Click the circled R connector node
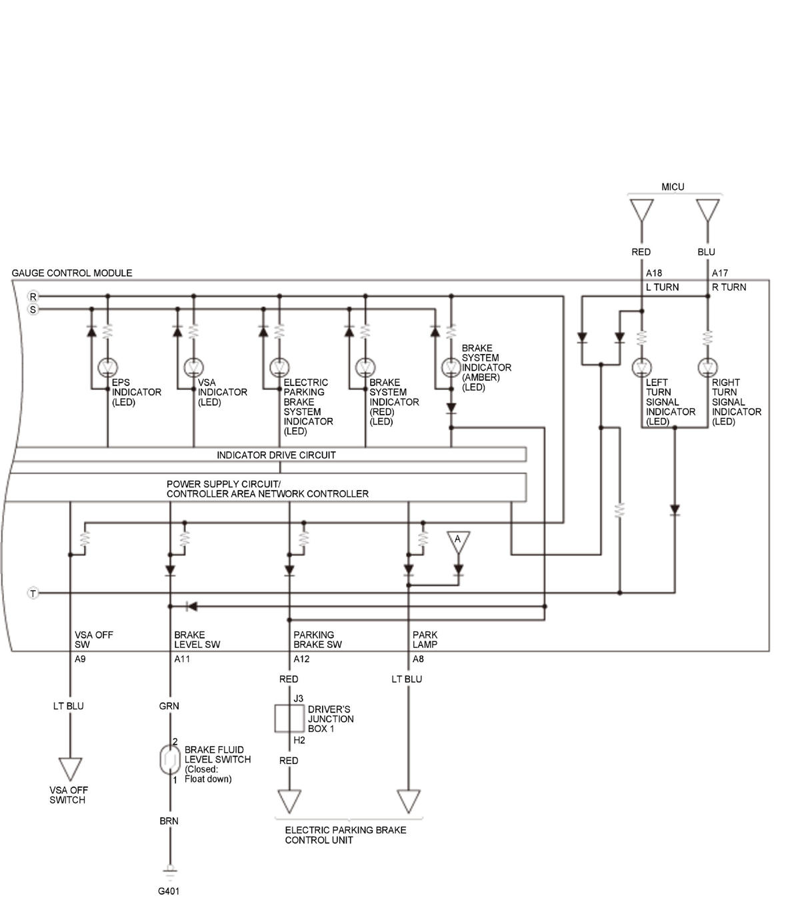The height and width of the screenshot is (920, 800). pos(33,296)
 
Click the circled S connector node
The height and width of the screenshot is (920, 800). pos(33,309)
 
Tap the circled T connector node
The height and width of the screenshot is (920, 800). pos(33,593)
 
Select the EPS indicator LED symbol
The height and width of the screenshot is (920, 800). pos(107,367)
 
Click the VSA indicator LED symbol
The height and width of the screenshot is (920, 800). pos(194,367)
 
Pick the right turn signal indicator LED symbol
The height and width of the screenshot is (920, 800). pos(707,367)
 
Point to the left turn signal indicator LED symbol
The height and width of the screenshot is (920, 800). pos(642,367)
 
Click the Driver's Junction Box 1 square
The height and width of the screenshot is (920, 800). pos(289,719)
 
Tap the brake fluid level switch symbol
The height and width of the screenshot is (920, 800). pos(170,760)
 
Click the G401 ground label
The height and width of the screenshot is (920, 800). pos(169,891)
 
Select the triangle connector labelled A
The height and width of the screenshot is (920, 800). pos(458,542)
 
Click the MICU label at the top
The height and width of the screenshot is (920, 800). pos(673,187)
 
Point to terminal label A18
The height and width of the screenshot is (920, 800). pos(654,273)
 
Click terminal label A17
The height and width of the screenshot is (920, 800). pos(719,273)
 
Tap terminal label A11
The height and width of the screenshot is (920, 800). pos(182,659)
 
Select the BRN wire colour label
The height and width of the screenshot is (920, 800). pos(169,821)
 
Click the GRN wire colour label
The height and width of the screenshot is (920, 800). pos(169,706)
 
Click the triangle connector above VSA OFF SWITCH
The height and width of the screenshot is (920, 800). pos(70,769)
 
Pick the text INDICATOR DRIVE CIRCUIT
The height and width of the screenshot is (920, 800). pos(276,455)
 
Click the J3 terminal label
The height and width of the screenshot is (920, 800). pos(298,698)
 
